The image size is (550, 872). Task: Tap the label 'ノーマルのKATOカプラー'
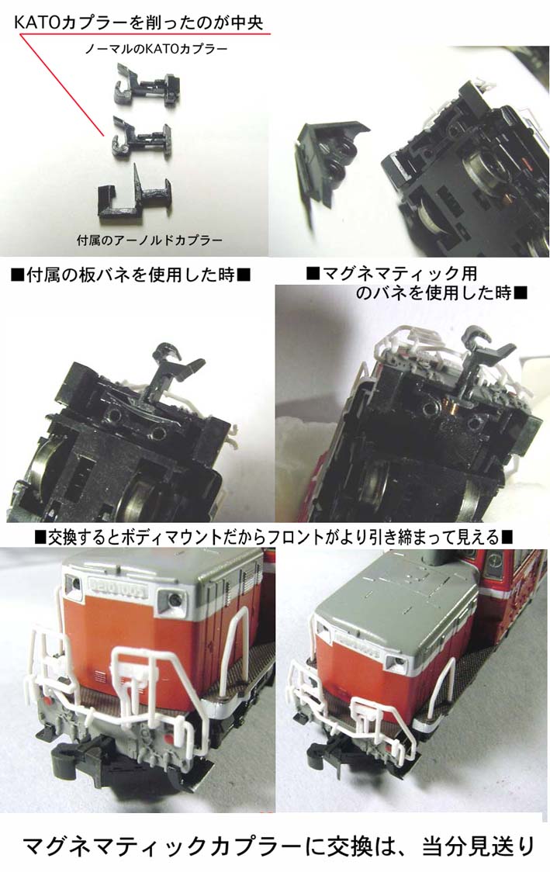coord(156,49)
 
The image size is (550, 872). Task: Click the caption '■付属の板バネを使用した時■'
coord(130,275)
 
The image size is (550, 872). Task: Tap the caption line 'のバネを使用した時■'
coord(441,293)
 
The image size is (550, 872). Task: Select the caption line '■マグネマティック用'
coord(391,274)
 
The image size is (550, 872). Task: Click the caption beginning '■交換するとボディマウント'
coord(274,537)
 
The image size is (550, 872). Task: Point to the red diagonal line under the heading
coord(62,85)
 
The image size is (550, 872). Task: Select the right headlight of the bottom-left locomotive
coord(171,600)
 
